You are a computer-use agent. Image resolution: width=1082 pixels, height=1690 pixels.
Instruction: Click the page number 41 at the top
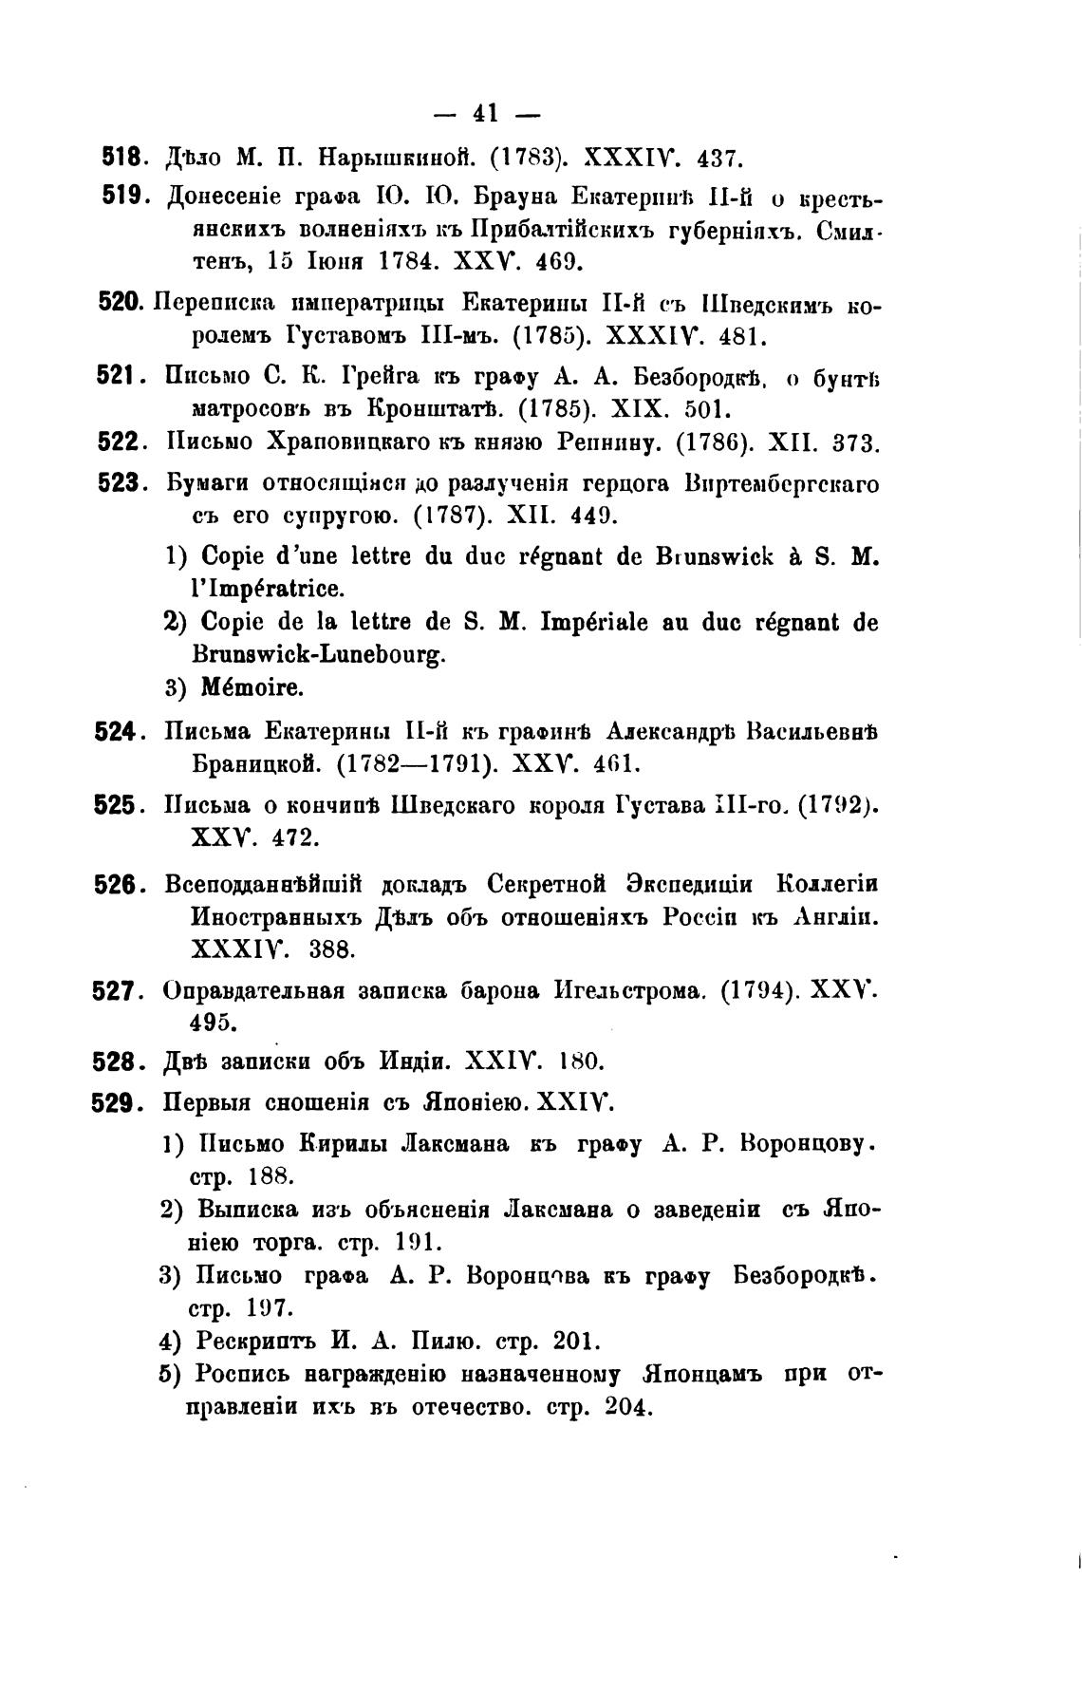(485, 114)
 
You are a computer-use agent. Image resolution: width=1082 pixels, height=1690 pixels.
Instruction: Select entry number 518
(121, 155)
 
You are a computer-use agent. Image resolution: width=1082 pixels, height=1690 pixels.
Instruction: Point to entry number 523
(121, 482)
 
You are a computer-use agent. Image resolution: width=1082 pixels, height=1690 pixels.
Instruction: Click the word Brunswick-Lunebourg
(319, 654)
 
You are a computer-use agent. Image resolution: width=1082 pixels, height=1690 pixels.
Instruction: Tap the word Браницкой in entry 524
(253, 763)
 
